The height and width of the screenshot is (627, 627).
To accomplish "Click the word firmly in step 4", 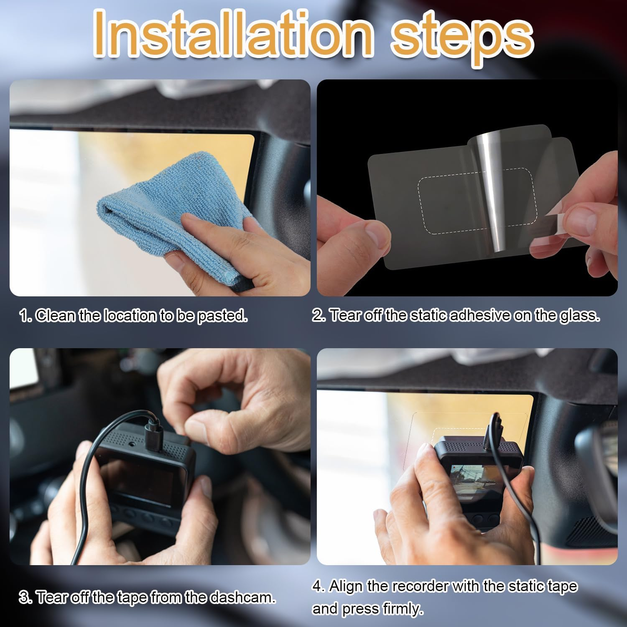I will point(401,609).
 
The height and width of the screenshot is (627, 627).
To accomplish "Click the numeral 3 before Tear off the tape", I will point(23,597).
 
